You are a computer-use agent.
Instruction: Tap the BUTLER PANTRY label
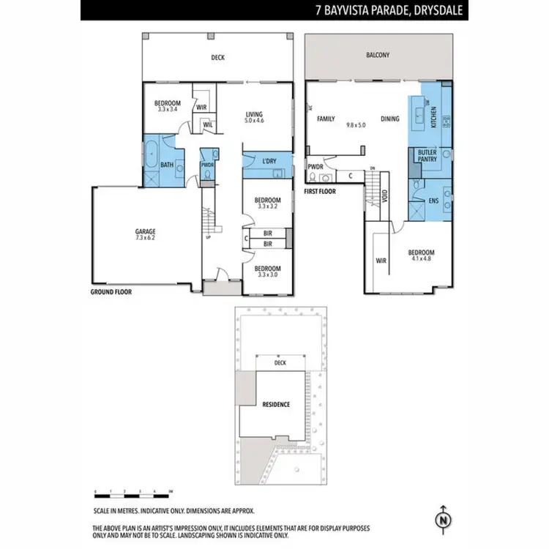click(427, 156)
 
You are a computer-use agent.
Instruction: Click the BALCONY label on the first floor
click(378, 55)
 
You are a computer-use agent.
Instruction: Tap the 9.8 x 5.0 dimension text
click(356, 125)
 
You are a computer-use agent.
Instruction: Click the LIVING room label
click(254, 114)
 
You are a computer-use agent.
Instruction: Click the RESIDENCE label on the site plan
click(277, 404)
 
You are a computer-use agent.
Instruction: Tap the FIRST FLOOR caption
click(321, 190)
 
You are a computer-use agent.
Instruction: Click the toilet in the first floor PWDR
click(314, 177)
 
